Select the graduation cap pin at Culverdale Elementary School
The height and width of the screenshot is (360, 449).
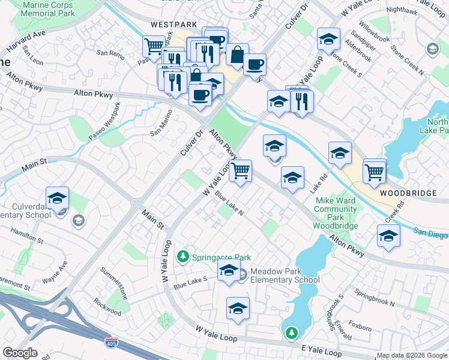pos(57,199)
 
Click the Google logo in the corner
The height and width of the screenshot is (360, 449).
pos(20,353)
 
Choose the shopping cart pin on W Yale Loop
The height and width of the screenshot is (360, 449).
pos(240,170)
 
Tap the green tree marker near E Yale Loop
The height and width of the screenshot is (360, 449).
pos(291,332)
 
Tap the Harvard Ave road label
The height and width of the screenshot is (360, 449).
pos(26,41)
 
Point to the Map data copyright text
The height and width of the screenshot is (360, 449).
pos(411,355)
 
